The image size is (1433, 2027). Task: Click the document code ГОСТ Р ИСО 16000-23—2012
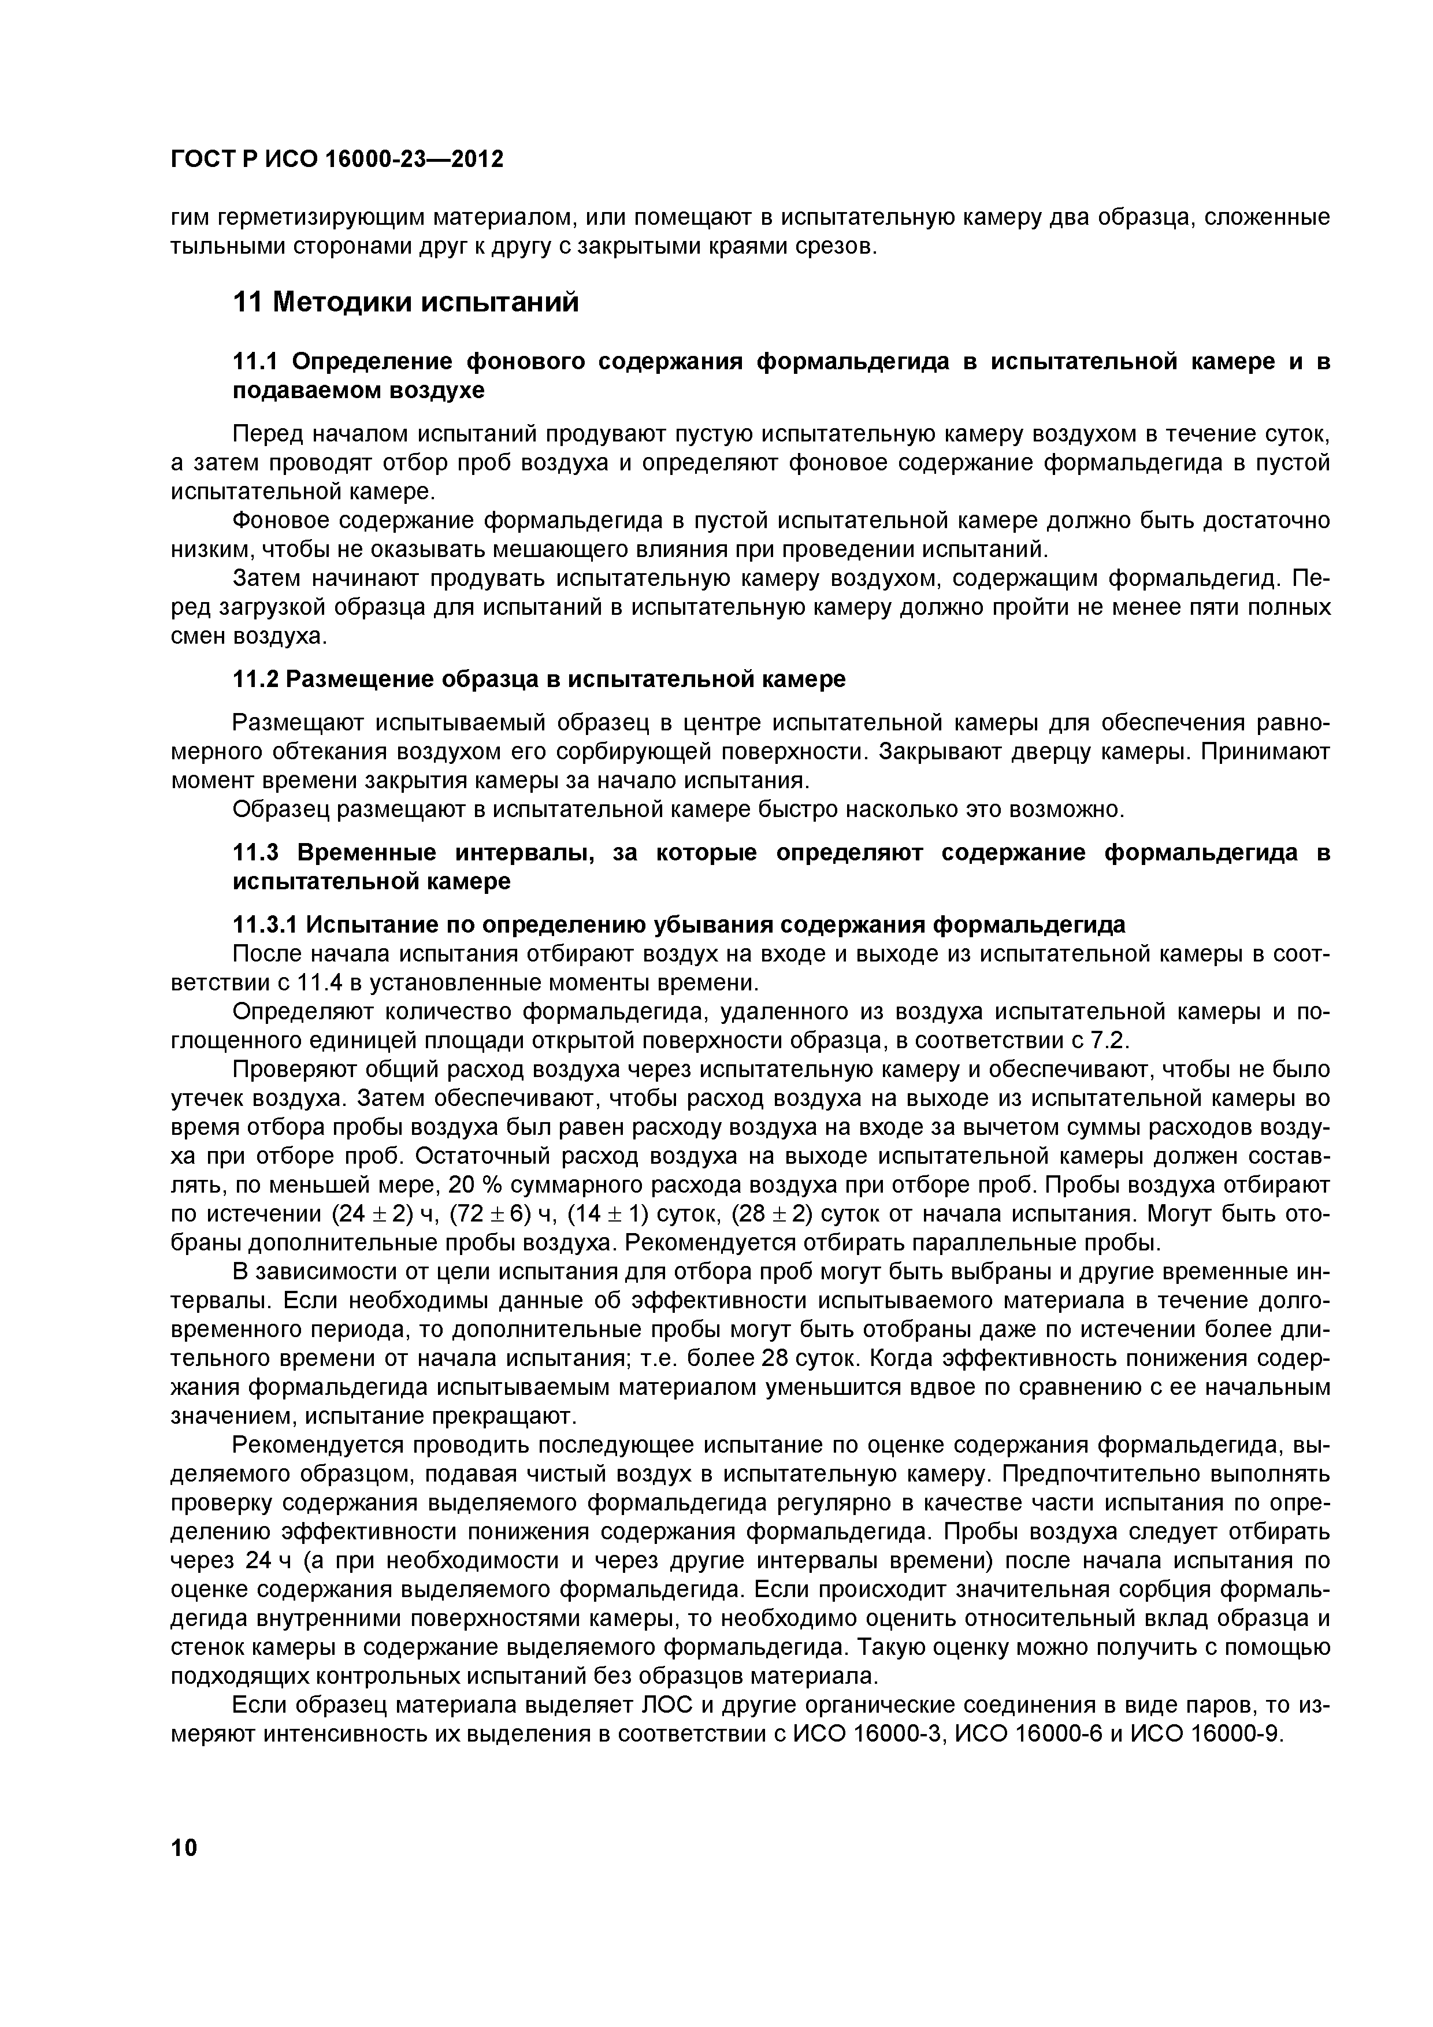[336, 160]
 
